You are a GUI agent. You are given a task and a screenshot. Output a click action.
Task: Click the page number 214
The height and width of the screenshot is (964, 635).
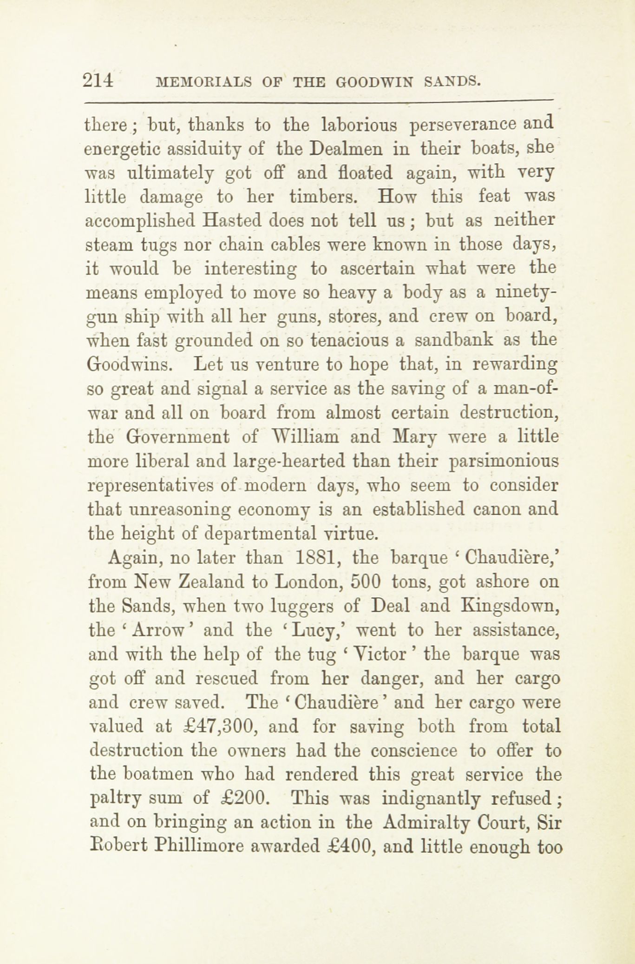tap(98, 81)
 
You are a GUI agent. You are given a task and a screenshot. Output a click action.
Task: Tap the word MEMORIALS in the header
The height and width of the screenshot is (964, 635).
tap(204, 82)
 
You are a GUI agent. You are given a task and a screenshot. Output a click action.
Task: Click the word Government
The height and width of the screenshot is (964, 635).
tap(178, 437)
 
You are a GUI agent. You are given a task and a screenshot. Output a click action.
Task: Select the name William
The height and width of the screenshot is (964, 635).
tap(307, 437)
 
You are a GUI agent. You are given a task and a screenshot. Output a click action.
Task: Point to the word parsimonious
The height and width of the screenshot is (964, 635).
tap(504, 462)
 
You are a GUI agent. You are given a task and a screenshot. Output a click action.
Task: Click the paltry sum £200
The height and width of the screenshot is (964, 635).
tap(244, 799)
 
